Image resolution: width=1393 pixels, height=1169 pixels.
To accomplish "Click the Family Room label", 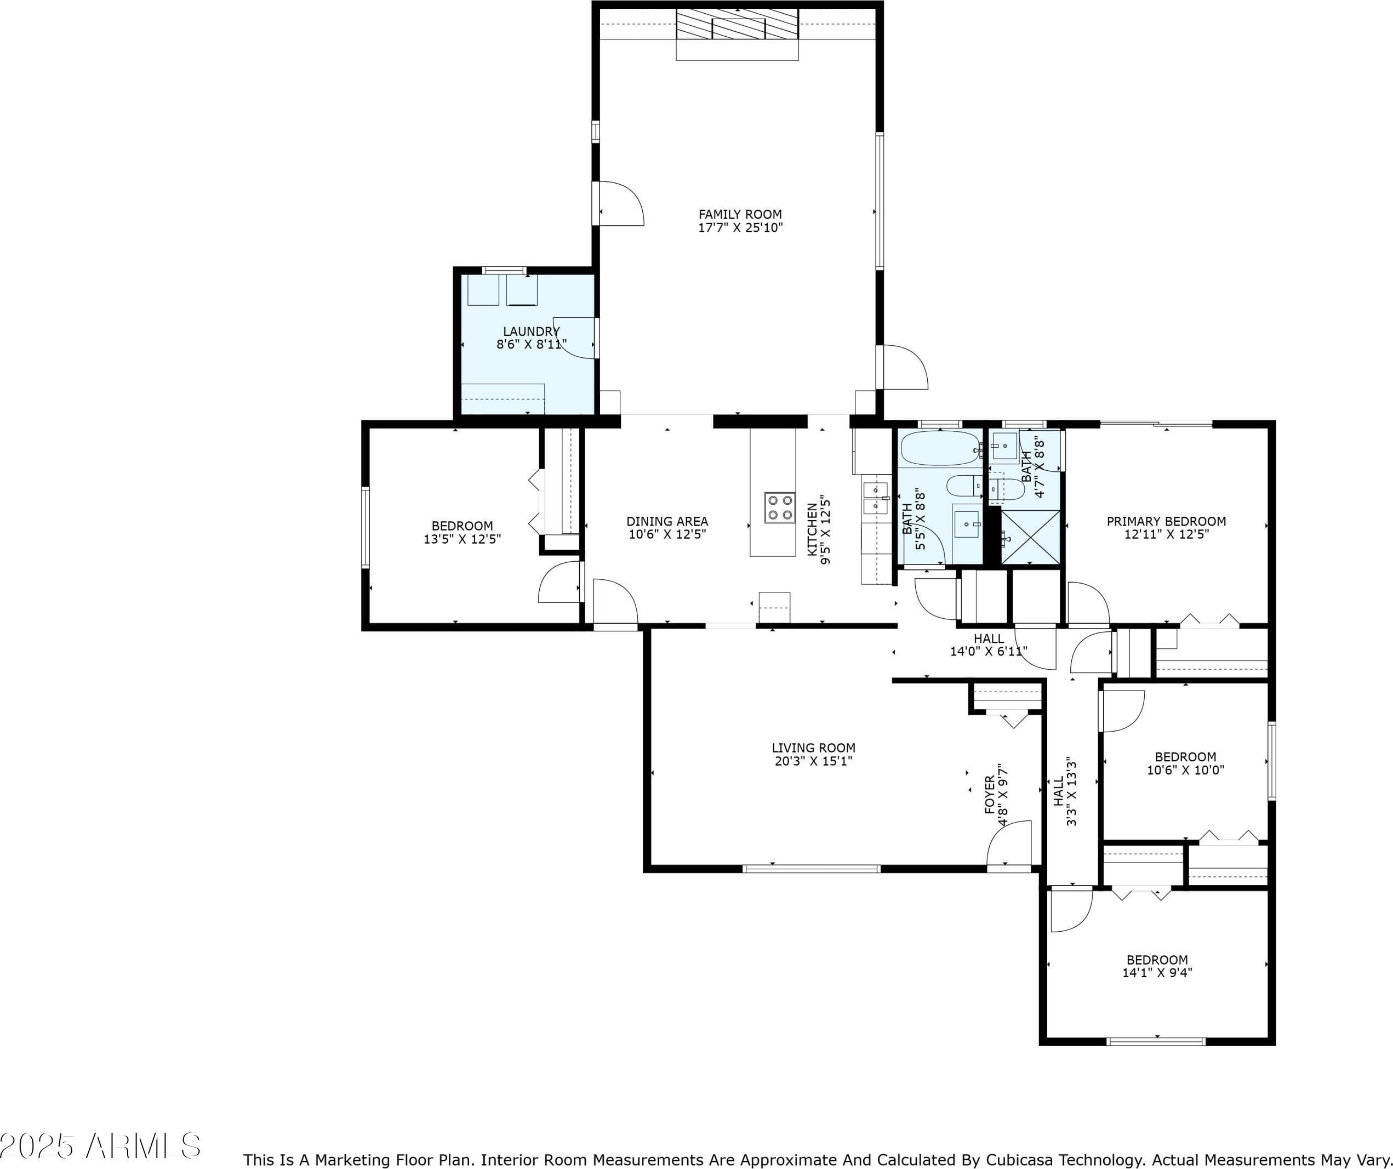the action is [x=740, y=214].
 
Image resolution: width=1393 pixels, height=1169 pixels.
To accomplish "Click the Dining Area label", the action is [x=667, y=521].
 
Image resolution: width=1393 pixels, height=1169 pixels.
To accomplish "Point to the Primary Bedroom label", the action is [x=1166, y=521].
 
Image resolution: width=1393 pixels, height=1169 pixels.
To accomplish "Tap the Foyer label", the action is [x=990, y=795].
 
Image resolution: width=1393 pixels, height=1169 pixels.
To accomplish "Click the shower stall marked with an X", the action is [x=1030, y=538].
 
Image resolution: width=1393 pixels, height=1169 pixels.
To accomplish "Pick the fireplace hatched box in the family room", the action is [x=737, y=24].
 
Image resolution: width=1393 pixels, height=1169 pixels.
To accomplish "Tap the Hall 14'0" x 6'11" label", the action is [x=989, y=645].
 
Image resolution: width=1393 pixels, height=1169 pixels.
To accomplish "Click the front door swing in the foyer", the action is [x=1009, y=842].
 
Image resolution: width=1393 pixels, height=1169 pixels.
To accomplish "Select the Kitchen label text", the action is [x=811, y=529].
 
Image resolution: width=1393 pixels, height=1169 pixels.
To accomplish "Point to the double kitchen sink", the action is [x=876, y=498].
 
